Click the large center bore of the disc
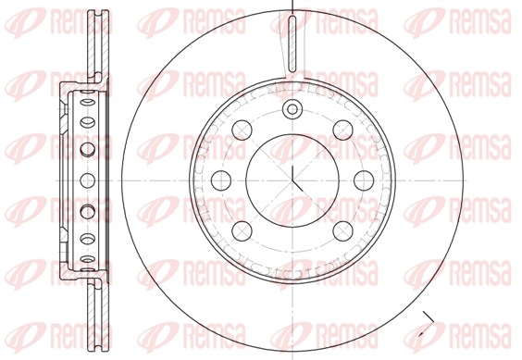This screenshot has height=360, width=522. pos(292,180)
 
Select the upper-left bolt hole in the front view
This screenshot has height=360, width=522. pos(242,130)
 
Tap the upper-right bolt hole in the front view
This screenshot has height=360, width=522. pos(342,130)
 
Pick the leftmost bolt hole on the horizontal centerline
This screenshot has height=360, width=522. pos(221,180)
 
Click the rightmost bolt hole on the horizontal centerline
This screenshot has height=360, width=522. pos(364,180)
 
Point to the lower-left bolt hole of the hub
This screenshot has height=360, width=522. pos(242,231)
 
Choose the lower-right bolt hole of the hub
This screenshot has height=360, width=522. pos(342,231)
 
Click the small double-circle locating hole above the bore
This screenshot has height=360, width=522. pos(292,109)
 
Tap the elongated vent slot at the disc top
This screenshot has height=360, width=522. pos(292,43)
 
